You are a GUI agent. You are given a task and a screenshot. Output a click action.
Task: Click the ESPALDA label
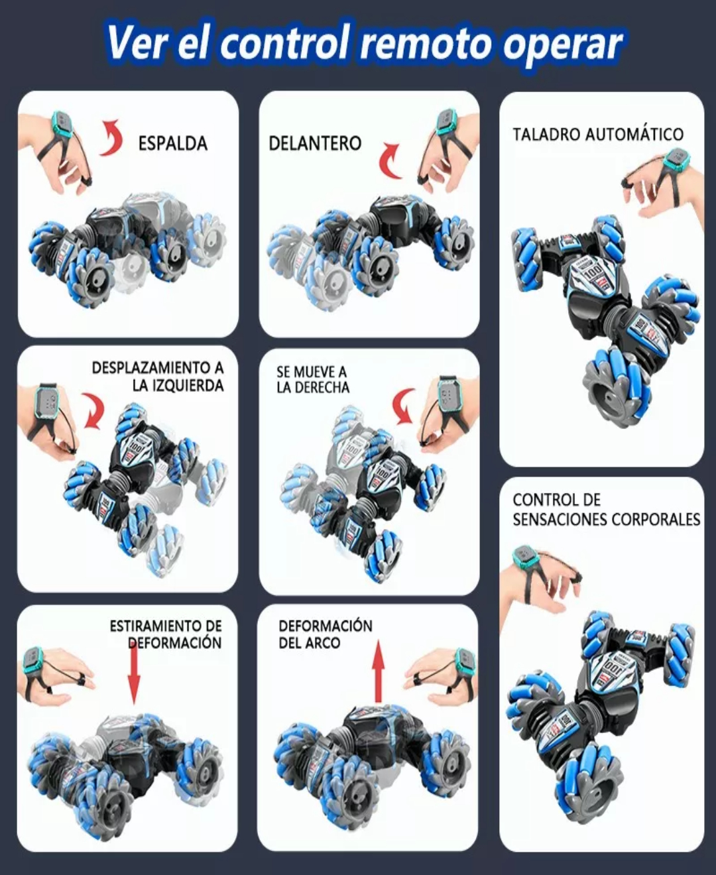pyautogui.click(x=172, y=143)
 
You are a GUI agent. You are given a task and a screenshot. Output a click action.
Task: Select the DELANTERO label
pyautogui.click(x=315, y=143)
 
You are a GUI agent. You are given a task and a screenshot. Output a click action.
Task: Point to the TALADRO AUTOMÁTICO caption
pyautogui.click(x=597, y=135)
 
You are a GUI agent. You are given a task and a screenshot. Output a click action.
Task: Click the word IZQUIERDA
pyautogui.click(x=178, y=386)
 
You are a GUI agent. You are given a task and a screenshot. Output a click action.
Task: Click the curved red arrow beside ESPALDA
pyautogui.click(x=112, y=138)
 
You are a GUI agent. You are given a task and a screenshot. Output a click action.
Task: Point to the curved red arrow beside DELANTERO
pyautogui.click(x=390, y=161)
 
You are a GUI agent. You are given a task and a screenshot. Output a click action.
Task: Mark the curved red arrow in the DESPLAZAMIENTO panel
pyautogui.click(x=93, y=410)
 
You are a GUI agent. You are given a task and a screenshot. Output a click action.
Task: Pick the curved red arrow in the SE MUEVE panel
pyautogui.click(x=404, y=406)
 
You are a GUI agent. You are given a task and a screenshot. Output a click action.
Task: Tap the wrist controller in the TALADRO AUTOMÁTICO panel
pyautogui.click(x=677, y=160)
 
